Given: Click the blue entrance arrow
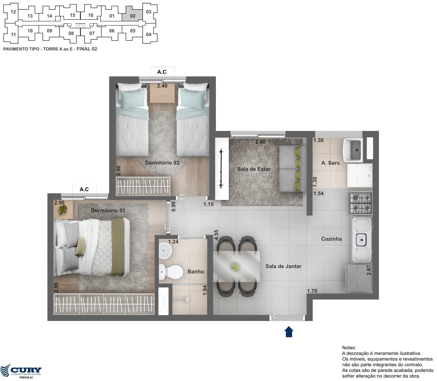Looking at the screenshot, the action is [289, 332].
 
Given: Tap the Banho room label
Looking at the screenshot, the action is [195, 271].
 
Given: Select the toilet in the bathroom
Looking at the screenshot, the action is [171, 272].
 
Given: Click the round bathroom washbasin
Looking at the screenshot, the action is [165, 250].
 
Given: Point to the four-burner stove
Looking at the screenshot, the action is [361, 203].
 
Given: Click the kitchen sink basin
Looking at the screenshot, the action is [361, 240].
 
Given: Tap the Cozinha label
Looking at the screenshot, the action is [331, 239].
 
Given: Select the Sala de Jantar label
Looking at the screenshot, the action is [283, 266].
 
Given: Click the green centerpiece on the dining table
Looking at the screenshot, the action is [236, 267].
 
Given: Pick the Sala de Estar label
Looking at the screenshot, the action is [254, 169].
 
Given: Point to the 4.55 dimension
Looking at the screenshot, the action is [216, 235].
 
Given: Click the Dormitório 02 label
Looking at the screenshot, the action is [162, 163].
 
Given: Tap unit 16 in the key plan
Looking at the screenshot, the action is [91, 15].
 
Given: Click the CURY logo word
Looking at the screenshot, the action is [26, 370].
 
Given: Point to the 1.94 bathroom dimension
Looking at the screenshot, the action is [205, 290].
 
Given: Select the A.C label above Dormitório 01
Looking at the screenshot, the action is [84, 189].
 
